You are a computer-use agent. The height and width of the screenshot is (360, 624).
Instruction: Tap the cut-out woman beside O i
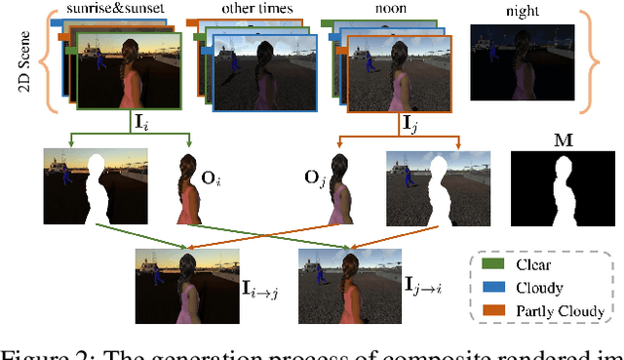185,188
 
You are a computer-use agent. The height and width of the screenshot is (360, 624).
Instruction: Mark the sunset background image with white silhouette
97,187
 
